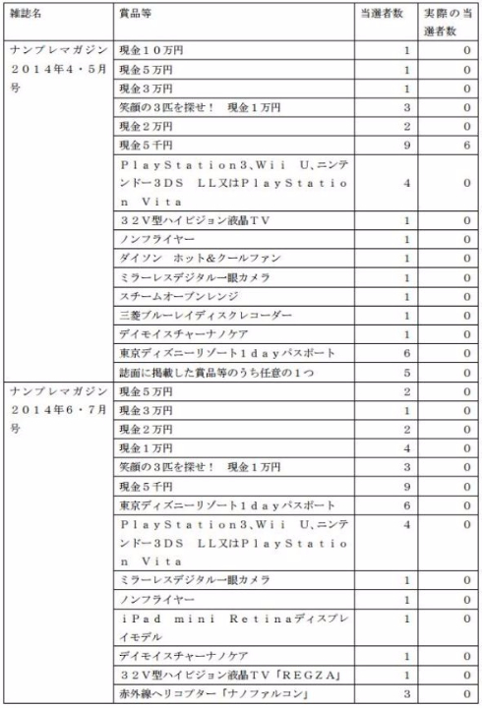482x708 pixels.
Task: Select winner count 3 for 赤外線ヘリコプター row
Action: (x=405, y=695)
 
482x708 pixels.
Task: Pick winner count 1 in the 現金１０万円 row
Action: (x=405, y=48)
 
